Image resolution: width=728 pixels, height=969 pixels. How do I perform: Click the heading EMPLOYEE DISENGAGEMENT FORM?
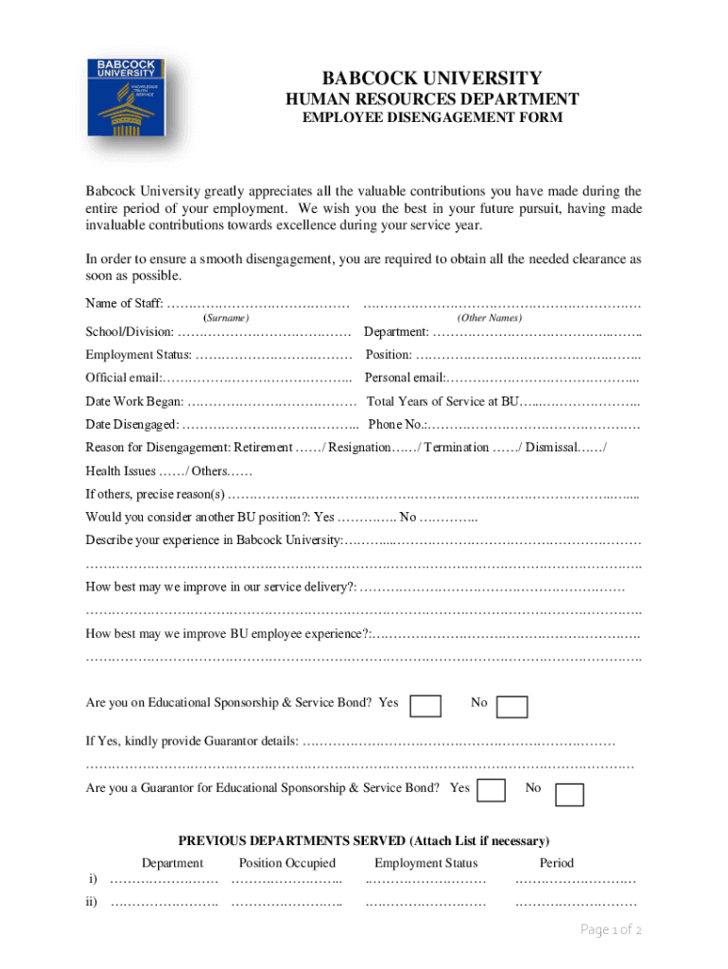(x=432, y=118)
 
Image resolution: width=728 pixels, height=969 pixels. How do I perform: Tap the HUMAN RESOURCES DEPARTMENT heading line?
(x=432, y=98)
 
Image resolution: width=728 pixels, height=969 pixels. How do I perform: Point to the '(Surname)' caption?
(x=227, y=318)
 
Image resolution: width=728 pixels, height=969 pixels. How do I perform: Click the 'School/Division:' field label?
(x=130, y=333)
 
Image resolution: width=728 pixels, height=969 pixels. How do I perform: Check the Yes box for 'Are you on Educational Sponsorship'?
(x=426, y=706)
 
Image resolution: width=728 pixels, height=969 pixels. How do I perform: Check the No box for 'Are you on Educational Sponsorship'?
(x=512, y=707)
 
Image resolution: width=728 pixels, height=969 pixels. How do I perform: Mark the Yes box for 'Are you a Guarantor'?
(x=492, y=791)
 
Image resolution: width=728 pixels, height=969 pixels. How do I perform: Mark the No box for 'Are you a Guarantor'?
(x=569, y=794)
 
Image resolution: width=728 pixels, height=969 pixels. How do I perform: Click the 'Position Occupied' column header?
(x=287, y=863)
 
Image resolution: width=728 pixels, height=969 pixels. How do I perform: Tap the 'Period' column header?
(x=556, y=863)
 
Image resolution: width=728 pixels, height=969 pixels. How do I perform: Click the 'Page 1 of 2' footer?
(x=612, y=930)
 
